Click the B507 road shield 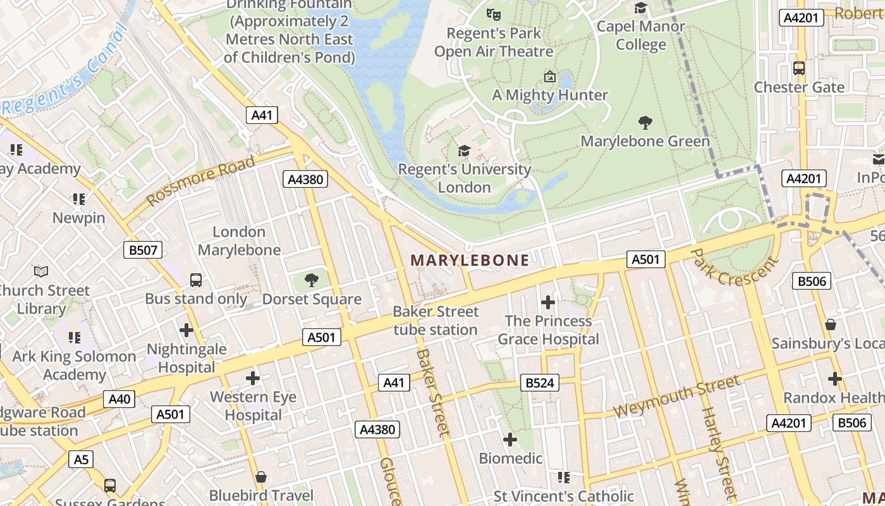[143, 250]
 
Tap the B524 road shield [539, 383]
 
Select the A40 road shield [119, 398]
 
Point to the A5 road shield [81, 459]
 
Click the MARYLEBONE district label [470, 260]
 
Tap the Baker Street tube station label [436, 320]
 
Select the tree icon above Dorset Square [311, 280]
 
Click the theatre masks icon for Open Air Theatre [493, 13]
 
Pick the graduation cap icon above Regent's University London [465, 151]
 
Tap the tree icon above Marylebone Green [645, 122]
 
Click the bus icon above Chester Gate [799, 68]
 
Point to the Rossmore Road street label [201, 180]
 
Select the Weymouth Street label [676, 396]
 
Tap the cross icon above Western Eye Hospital [253, 378]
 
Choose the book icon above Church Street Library [41, 271]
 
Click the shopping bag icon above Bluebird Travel [261, 476]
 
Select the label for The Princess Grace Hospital [548, 330]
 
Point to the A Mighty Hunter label [550, 95]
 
